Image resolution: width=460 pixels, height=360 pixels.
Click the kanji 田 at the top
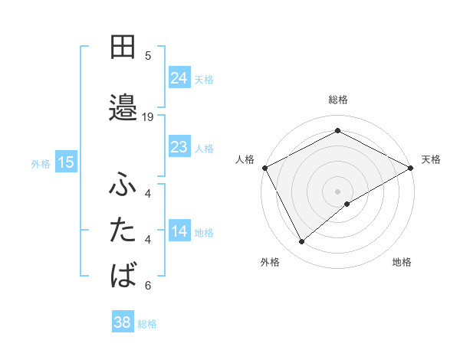[x=123, y=47]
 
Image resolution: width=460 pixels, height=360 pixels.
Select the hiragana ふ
[x=123, y=186]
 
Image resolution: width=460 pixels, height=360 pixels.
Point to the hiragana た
[x=123, y=230]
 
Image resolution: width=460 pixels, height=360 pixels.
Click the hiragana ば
[x=123, y=273]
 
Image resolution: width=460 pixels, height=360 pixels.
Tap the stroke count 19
[x=148, y=116]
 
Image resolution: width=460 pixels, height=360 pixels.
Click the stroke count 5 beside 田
[x=148, y=55]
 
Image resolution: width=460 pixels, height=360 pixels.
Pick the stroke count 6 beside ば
[x=148, y=286]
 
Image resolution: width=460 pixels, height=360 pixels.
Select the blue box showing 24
[x=179, y=78]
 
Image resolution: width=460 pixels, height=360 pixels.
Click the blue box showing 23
[x=179, y=147]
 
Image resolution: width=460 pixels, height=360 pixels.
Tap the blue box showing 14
[x=179, y=231]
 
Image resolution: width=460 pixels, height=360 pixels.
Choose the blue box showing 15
[x=66, y=162]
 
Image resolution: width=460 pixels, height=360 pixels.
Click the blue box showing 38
[x=123, y=322]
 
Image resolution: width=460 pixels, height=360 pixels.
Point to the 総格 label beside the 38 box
[x=148, y=324]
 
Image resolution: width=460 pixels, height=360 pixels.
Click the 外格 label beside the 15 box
[x=41, y=163]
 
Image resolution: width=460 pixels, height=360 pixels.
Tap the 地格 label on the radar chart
[x=402, y=262]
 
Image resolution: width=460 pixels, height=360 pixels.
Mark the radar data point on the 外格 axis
[x=302, y=242]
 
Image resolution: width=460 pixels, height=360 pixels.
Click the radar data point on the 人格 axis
[x=264, y=167]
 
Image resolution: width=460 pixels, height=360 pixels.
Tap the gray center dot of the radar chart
[x=337, y=191]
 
